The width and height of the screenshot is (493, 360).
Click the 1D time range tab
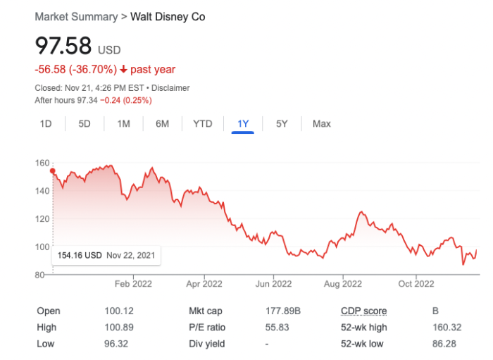pyautogui.click(x=46, y=124)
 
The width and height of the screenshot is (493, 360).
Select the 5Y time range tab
pyautogui.click(x=282, y=124)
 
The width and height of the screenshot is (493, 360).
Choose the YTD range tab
pyautogui.click(x=202, y=124)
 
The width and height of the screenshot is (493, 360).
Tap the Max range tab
pyautogui.click(x=321, y=124)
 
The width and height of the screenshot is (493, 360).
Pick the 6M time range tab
pyautogui.click(x=162, y=124)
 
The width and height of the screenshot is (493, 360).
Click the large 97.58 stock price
pyautogui.click(x=63, y=46)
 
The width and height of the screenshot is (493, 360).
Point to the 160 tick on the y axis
pyautogui.click(x=42, y=163)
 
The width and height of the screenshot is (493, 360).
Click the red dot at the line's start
pyautogui.click(x=53, y=170)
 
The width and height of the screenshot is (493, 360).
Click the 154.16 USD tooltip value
pyautogui.click(x=80, y=255)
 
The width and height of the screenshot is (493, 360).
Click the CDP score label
pyautogui.click(x=363, y=311)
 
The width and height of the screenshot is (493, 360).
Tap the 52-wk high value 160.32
pyautogui.click(x=447, y=328)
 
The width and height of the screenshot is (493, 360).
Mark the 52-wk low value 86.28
pyautogui.click(x=444, y=344)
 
